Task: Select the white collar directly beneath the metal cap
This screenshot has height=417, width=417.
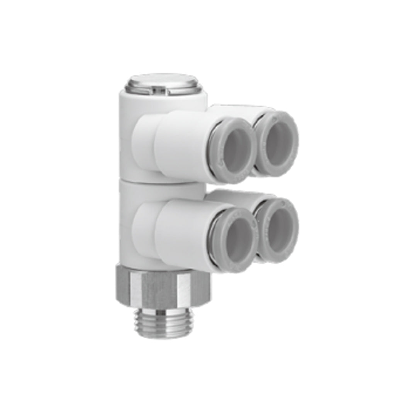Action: [x=162, y=101]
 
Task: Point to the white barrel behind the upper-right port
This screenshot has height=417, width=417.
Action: [x=236, y=110]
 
